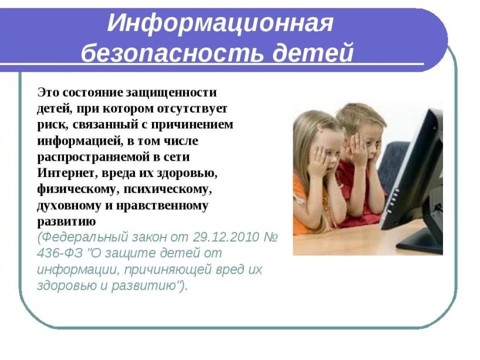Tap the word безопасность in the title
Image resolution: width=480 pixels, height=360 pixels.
point(172,53)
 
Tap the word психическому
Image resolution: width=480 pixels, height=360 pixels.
point(168,190)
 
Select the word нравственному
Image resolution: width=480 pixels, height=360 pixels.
point(162,206)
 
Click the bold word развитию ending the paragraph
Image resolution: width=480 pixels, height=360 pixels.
point(66,222)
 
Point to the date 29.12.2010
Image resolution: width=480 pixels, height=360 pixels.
point(226,237)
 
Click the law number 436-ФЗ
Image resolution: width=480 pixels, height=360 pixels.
point(60,253)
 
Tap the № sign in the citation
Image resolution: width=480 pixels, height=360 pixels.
point(271,237)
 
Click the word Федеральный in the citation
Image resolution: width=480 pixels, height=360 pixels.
point(82,237)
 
